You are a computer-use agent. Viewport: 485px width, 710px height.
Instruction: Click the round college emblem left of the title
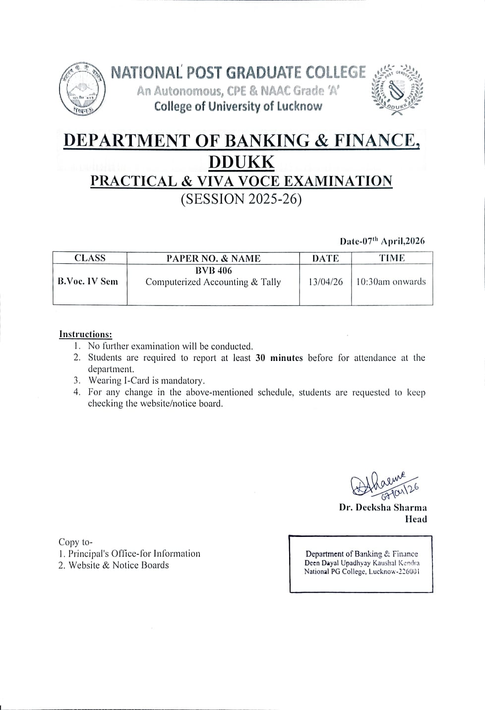tap(79, 90)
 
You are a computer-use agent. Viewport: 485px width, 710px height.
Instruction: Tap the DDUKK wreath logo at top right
tap(397, 89)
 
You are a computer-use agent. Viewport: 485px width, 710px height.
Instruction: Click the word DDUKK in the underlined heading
tap(242, 162)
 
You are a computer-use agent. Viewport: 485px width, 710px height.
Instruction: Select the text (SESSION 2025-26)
tap(242, 199)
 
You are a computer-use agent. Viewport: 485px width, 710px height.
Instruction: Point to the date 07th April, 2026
tap(382, 241)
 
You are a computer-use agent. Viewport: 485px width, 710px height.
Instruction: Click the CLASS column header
tap(90, 258)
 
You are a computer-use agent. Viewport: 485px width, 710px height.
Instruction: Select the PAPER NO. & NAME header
tap(213, 258)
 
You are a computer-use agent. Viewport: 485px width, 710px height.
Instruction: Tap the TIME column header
tap(392, 258)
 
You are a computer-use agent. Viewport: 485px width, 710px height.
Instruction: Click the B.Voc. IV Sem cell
tap(88, 281)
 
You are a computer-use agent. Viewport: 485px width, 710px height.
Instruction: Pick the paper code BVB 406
tap(213, 271)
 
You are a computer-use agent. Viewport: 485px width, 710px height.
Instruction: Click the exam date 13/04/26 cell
tap(325, 282)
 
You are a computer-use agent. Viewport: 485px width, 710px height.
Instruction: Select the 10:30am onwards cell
tap(391, 282)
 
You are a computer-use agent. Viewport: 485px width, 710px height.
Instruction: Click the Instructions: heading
tap(85, 334)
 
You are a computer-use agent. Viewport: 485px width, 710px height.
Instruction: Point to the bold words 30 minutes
tap(279, 358)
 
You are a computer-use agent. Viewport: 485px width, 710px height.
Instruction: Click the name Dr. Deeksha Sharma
tap(383, 507)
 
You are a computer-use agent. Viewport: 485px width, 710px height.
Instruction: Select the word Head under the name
tap(416, 519)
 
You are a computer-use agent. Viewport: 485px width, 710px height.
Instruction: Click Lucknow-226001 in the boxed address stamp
tap(394, 572)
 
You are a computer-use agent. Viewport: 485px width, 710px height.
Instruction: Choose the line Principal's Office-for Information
tap(134, 553)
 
